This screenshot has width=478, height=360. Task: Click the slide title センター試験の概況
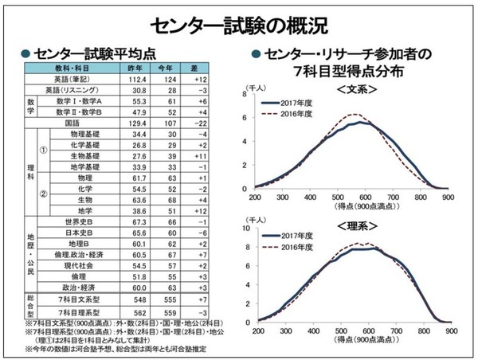[x=239, y=23]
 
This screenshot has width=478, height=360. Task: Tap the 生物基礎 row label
[x=90, y=158]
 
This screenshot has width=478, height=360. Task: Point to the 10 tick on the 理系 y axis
[x=249, y=230]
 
